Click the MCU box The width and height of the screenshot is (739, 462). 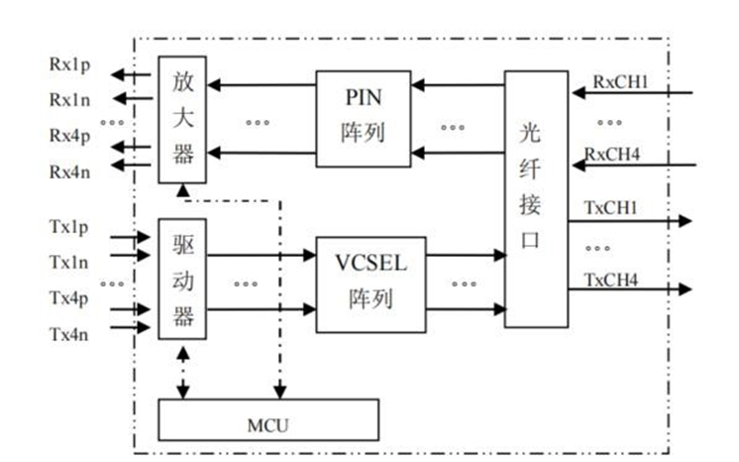[x=268, y=419]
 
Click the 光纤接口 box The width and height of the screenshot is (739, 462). [x=536, y=199]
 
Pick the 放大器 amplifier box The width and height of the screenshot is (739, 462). [x=182, y=119]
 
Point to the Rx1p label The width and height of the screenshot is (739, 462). [x=70, y=64]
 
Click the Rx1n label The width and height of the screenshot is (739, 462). [x=70, y=99]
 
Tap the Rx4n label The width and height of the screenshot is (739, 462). [x=70, y=170]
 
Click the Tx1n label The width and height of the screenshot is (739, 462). [x=70, y=262]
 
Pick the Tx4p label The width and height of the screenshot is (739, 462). [x=70, y=298]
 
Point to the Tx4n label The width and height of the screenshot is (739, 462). [x=70, y=333]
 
